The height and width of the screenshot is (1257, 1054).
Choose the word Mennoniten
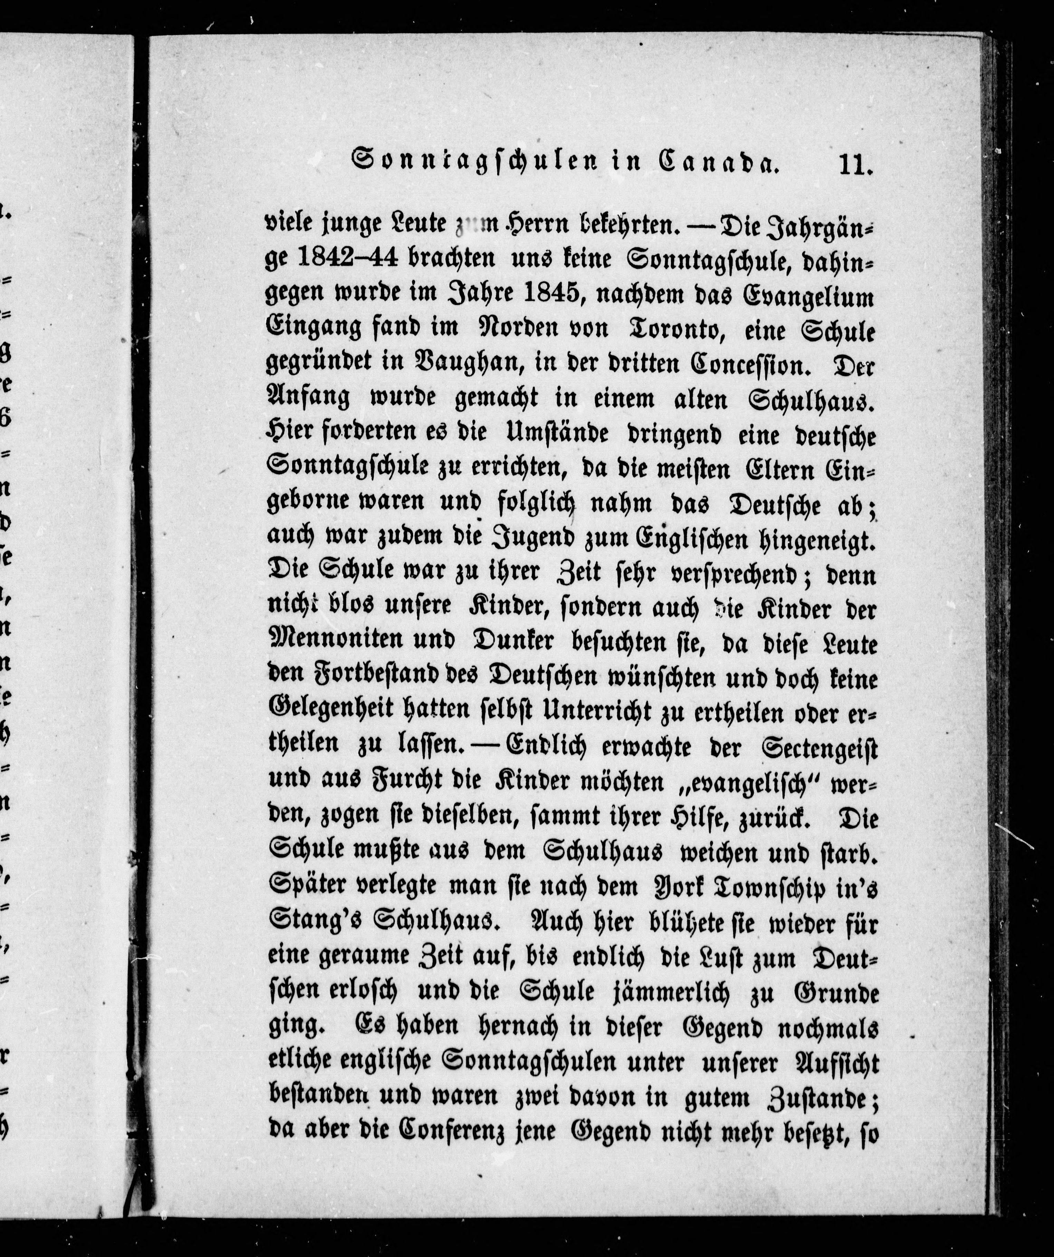point(335,639)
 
